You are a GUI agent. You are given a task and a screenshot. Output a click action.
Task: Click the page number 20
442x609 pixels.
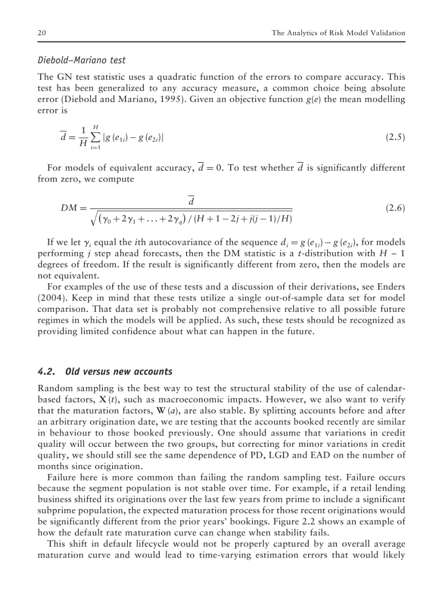[41, 33]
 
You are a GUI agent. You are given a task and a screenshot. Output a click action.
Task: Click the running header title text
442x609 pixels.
[338, 33]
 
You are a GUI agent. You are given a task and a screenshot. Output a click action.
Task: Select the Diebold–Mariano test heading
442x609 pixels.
[81, 60]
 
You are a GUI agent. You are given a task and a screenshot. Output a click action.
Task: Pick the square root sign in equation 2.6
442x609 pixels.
[94, 219]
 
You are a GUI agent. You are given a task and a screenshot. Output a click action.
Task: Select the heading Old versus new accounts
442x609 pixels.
[119, 371]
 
